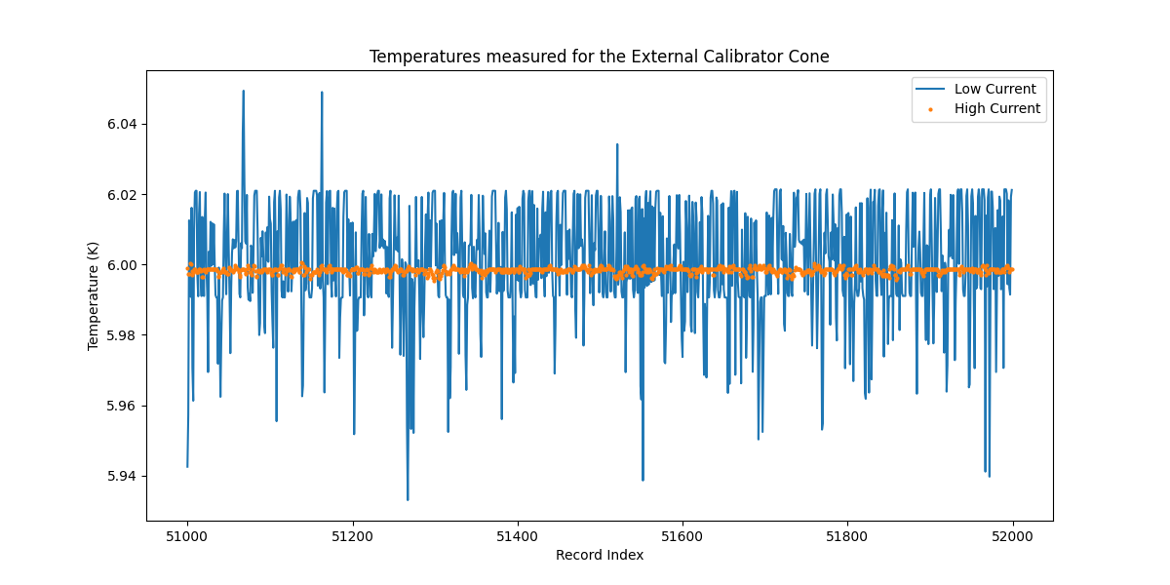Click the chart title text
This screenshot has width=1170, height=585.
[599, 57]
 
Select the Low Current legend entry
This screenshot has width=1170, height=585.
[994, 89]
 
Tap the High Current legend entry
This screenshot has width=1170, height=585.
[996, 109]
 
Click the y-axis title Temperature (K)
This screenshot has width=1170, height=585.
[94, 294]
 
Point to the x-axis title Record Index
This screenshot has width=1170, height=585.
[599, 555]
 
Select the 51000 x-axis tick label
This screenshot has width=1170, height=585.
[187, 535]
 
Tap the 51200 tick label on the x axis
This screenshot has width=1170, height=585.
[352, 535]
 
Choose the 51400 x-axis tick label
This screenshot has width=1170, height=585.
[517, 535]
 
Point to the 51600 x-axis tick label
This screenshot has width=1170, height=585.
[682, 535]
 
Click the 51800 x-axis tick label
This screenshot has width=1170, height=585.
[846, 535]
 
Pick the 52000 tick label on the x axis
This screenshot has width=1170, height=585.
[1012, 535]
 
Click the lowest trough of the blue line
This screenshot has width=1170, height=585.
[408, 500]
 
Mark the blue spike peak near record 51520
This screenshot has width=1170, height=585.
[617, 144]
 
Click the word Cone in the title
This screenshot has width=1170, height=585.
[812, 57]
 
